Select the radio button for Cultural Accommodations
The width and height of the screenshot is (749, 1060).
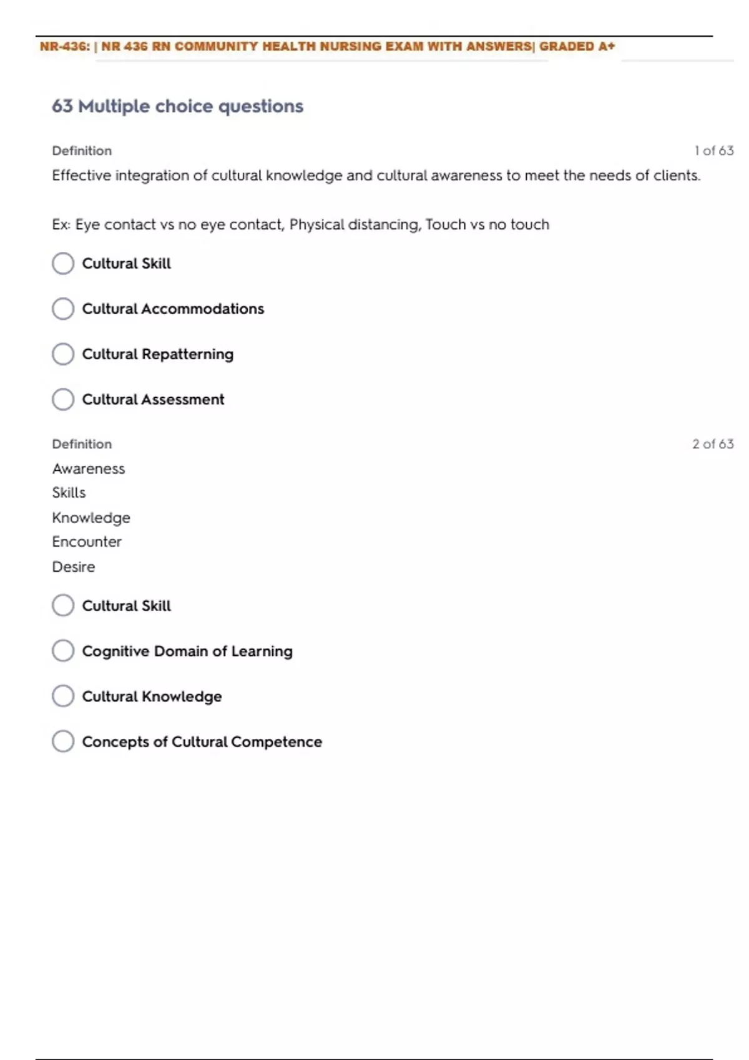pos(63,309)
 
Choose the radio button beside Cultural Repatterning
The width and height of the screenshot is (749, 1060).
pos(63,354)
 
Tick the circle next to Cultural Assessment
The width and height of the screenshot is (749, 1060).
pos(63,400)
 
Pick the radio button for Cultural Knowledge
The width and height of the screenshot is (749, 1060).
pos(63,696)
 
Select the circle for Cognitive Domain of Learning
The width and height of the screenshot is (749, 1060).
pos(63,651)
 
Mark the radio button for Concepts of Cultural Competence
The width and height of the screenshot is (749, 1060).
pos(63,742)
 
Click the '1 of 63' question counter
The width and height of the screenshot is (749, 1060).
pos(713,151)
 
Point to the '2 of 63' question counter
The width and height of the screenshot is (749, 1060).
pos(712,444)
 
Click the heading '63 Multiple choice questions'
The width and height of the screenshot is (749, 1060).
pos(177,107)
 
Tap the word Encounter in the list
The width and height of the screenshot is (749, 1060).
pos(87,542)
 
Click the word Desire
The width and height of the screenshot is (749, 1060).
pos(74,567)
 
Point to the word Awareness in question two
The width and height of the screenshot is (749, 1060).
pos(89,469)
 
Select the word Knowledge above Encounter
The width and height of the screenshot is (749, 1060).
pos(91,518)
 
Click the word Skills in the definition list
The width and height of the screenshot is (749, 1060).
pos(69,493)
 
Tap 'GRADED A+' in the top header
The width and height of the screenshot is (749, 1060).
pos(577,47)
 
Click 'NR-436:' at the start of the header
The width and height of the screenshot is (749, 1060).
pos(65,47)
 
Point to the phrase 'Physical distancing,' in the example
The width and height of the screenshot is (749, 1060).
pos(355,224)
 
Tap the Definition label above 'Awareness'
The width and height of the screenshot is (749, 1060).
pos(82,444)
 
